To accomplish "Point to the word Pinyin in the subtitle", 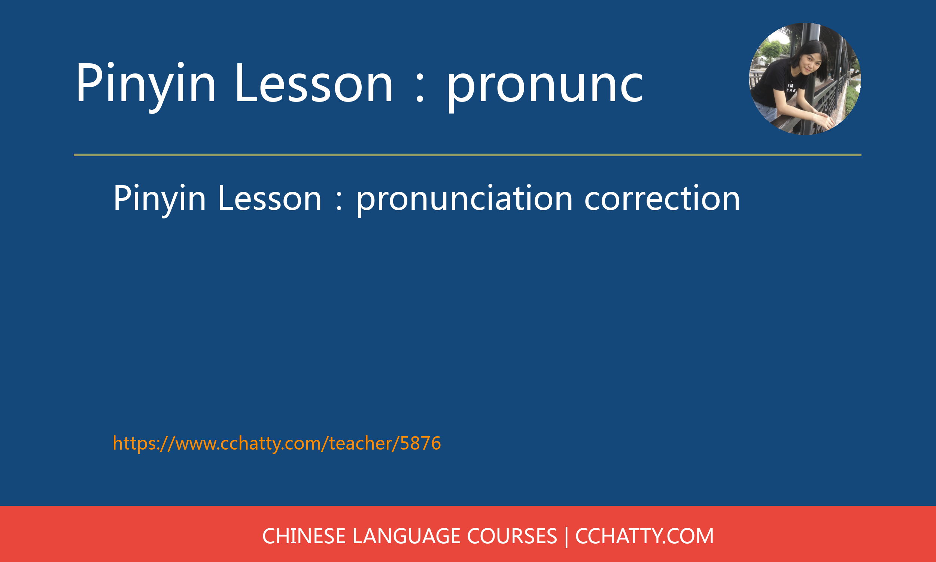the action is point(159,200).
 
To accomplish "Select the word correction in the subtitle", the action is point(662,199).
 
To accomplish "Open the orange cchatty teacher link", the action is point(277,443).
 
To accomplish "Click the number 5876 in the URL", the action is point(420,443).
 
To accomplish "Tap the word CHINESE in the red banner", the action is point(304,536).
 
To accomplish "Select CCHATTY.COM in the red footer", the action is point(644,536).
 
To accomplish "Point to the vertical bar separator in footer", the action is point(566,537).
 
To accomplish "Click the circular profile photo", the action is point(805,79).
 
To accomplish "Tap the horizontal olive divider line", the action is point(468,155).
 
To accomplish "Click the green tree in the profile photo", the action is point(772,49).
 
